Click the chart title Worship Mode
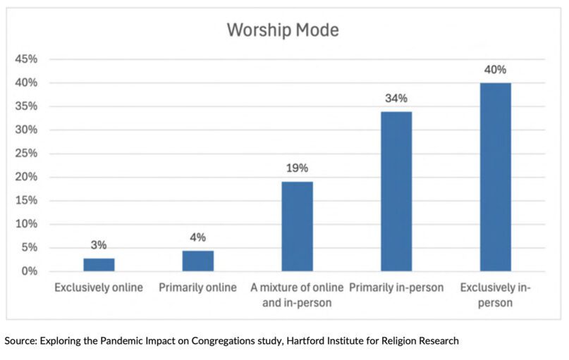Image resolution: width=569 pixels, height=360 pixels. [x=283, y=31]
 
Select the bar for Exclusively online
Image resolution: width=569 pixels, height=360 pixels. [x=99, y=265]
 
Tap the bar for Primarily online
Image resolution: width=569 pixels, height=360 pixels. [x=198, y=261]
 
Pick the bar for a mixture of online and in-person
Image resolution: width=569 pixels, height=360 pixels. [x=297, y=226]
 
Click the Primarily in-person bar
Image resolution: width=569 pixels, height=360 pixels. [x=396, y=191]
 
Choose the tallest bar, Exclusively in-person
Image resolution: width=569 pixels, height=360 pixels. [x=496, y=177]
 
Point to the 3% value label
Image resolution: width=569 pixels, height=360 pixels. [x=99, y=245]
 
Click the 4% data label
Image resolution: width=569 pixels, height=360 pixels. [x=198, y=237]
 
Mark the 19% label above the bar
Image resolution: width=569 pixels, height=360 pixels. [x=297, y=168]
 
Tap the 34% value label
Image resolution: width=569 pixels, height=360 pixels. [x=396, y=98]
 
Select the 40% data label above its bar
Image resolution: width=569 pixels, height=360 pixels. [x=496, y=70]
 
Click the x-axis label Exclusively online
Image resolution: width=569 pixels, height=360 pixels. [x=99, y=287]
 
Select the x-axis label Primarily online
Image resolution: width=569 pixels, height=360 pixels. [x=198, y=287]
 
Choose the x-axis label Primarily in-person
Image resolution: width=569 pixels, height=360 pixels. [x=396, y=287]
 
